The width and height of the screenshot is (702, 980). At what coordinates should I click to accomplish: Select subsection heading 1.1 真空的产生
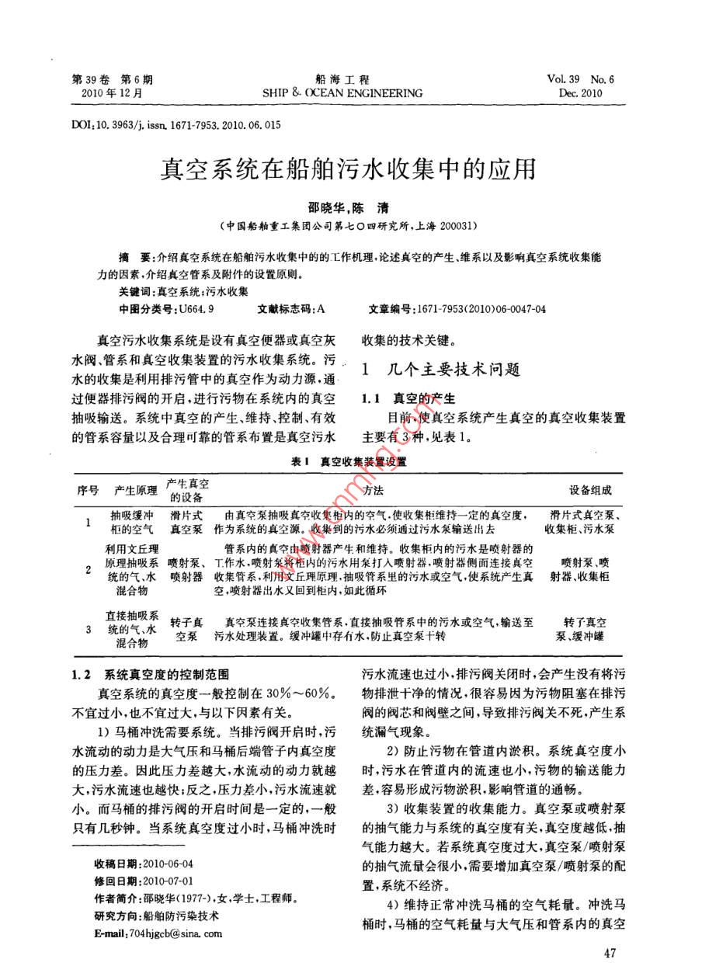click(x=408, y=399)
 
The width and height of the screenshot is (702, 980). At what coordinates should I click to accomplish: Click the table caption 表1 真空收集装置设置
click(x=350, y=460)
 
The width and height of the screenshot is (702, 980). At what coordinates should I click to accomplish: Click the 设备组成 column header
click(x=590, y=491)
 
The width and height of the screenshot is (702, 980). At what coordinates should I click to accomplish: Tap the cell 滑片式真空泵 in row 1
click(x=186, y=522)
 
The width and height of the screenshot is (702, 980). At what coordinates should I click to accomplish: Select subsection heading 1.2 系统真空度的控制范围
click(x=151, y=675)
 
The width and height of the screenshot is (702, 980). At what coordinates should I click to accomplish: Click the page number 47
click(x=610, y=953)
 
